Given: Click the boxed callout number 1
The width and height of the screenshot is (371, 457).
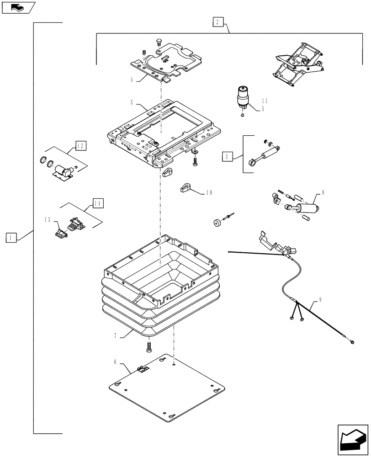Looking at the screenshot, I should pyautogui.click(x=11, y=237).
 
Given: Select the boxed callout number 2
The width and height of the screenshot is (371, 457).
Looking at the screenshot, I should pyautogui.click(x=217, y=21).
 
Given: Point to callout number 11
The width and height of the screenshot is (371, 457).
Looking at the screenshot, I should pyautogui.click(x=265, y=101).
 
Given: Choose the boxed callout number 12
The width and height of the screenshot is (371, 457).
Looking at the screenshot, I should pyautogui.click(x=80, y=146).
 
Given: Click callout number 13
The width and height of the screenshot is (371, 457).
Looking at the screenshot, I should pyautogui.click(x=48, y=220).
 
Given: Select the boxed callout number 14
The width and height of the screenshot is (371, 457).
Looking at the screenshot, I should pyautogui.click(x=98, y=202).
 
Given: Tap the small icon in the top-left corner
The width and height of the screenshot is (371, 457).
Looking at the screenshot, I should pyautogui.click(x=18, y=7).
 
